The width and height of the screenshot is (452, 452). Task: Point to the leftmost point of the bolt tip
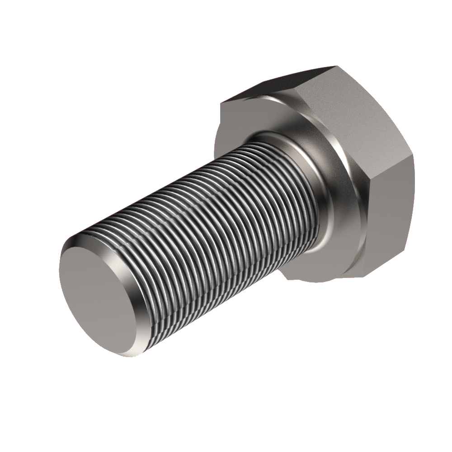point(59,271)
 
